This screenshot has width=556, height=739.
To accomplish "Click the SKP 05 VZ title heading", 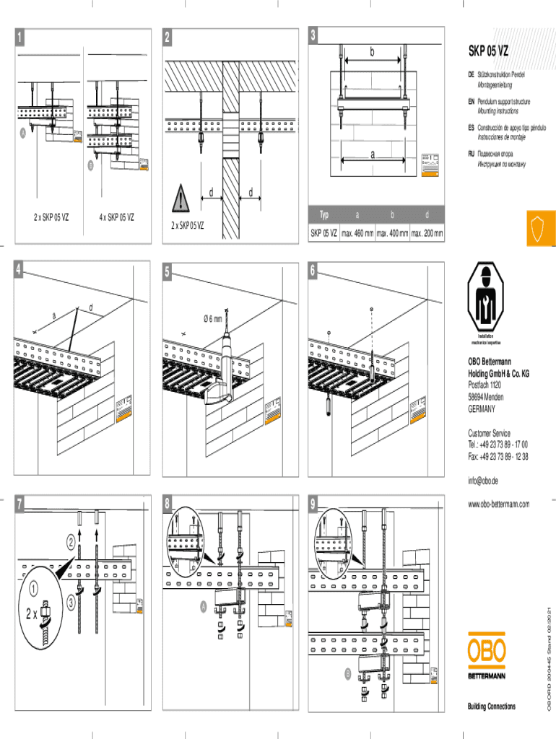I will pos(489,51).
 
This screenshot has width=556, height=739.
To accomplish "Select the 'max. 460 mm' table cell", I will pos(357,234).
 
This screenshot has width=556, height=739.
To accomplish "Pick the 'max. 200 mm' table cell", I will pos(427,234).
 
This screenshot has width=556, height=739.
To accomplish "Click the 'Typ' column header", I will pos(324,215).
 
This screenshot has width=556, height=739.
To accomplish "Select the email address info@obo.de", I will pos(483,481).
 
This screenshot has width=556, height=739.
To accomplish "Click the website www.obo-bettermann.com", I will pos(499,504).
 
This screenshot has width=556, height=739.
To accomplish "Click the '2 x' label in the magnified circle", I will pos(32,614).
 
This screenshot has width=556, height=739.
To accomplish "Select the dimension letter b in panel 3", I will pos(373,53).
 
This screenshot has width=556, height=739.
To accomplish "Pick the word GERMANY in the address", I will pos(482,408).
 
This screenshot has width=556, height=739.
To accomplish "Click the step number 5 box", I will pos(167,272).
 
